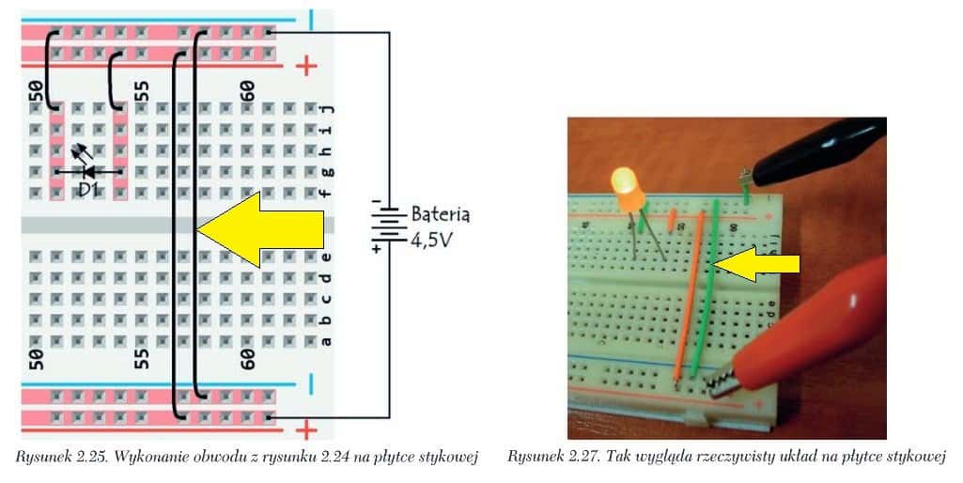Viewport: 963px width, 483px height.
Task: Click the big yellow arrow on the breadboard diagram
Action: [261, 229]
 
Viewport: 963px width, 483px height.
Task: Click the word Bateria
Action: [441, 214]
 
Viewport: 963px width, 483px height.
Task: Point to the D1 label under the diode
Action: [88, 190]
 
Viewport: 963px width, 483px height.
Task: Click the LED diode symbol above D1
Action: [87, 166]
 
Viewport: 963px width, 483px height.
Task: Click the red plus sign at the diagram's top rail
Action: [306, 65]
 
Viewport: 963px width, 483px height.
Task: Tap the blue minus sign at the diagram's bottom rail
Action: [310, 384]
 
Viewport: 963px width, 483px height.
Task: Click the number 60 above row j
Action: [247, 91]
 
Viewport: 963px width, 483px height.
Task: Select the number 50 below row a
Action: [37, 359]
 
